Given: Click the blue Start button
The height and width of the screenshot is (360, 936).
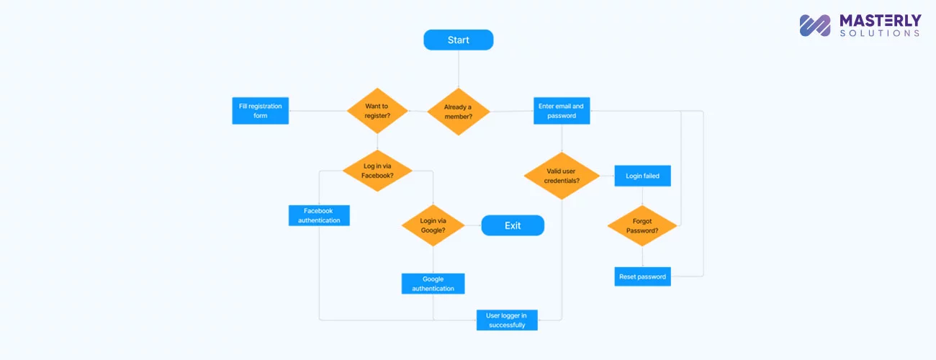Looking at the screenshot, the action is [459, 40].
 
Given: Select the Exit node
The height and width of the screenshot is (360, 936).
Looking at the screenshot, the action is [513, 225].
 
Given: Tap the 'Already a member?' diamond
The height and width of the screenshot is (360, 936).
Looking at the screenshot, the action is [459, 112].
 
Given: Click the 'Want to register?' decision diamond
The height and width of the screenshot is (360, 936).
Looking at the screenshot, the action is [377, 111].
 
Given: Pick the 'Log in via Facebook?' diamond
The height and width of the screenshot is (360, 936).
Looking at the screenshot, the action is [377, 171].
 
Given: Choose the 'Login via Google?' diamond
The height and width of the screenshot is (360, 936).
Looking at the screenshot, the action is [433, 225].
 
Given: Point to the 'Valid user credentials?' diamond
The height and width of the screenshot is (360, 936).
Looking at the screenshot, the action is [562, 176].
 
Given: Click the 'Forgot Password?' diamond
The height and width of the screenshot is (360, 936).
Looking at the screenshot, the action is [642, 226].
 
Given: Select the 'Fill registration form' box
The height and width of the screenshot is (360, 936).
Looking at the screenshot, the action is [261, 111].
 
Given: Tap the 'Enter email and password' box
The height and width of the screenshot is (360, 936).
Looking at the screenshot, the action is [562, 111].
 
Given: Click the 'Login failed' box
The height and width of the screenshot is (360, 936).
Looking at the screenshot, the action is [643, 176].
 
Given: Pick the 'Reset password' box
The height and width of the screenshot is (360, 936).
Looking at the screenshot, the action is [643, 276].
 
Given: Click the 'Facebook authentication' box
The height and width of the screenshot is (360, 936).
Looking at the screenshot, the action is [319, 215].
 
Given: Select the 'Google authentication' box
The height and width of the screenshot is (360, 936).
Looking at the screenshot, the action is [433, 284].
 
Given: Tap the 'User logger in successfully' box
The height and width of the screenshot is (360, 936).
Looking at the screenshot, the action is [507, 320].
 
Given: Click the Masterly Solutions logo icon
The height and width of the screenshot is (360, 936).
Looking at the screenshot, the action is [815, 25].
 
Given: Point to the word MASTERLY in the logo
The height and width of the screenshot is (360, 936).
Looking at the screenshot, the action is [881, 20].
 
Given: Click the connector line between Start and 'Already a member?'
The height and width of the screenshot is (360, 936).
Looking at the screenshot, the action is [459, 69].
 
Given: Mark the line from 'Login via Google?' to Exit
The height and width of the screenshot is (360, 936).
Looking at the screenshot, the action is [473, 225].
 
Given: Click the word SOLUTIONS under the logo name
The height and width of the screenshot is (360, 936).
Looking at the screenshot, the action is [880, 33].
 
